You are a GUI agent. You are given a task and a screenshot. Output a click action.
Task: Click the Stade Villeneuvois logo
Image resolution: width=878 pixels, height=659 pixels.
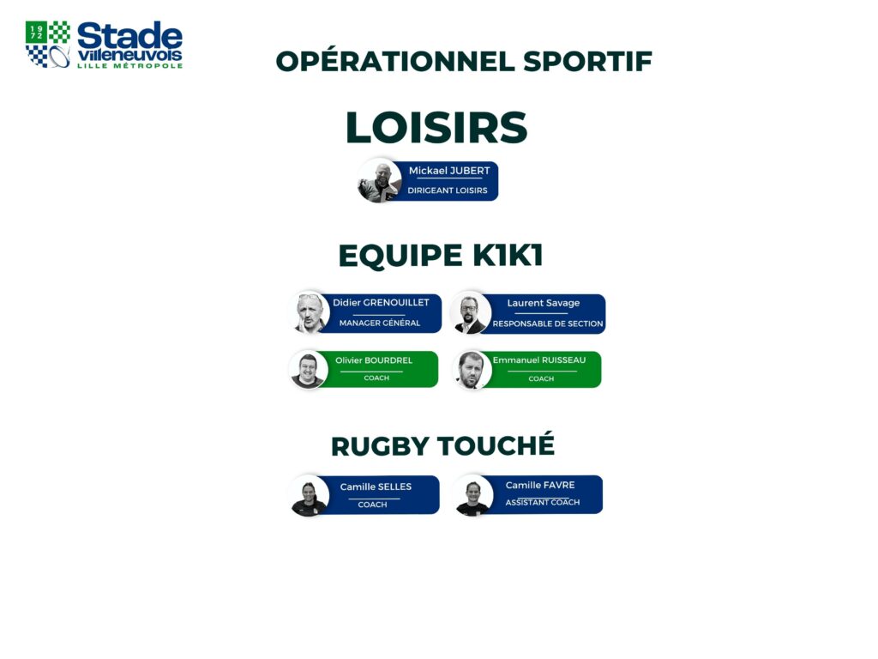[x=104, y=45]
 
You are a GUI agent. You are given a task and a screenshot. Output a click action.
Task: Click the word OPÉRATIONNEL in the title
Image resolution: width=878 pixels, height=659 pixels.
[x=395, y=61]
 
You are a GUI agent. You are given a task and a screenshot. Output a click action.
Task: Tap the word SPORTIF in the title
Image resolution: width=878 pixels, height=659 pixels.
[x=588, y=62]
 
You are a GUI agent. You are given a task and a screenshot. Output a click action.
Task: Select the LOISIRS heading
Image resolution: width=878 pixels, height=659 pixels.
[x=436, y=127]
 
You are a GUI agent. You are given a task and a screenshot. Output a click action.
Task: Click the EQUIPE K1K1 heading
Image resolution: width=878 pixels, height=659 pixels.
[x=441, y=255]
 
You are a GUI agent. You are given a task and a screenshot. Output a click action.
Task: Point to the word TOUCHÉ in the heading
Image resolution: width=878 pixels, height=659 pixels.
[x=496, y=445]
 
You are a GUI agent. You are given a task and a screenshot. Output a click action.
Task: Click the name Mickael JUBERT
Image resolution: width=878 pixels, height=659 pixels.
[x=449, y=171]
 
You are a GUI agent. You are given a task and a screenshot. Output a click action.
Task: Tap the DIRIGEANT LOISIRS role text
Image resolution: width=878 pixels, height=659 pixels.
[x=448, y=190]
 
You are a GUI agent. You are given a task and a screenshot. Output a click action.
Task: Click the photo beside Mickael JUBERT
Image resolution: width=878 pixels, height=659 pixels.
[x=380, y=181]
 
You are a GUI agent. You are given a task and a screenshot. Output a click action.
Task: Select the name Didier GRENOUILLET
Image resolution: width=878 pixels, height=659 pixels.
[x=381, y=303]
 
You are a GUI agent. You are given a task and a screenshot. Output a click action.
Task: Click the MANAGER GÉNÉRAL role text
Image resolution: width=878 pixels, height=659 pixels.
[x=380, y=323]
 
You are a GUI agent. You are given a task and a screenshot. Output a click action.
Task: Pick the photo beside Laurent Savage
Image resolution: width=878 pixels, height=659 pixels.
[x=471, y=312]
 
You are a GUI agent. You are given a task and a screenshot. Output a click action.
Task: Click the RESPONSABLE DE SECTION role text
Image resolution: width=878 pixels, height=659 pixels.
[x=548, y=323]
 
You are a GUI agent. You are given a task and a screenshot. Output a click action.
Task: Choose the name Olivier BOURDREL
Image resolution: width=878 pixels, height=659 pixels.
[x=374, y=360]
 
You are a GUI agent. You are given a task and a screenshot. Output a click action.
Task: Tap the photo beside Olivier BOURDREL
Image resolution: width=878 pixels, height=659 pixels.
[x=308, y=369]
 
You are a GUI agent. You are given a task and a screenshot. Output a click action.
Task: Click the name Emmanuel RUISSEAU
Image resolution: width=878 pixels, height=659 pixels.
[x=539, y=360]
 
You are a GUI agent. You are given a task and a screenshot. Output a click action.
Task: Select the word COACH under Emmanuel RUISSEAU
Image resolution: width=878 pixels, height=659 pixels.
[x=541, y=378]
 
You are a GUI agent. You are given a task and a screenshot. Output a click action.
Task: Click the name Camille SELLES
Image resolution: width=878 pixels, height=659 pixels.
[x=376, y=487]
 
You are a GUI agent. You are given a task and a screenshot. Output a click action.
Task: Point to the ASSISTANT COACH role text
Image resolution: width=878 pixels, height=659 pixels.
[x=543, y=502]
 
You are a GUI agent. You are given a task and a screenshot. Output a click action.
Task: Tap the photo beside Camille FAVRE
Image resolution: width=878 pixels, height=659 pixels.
[x=472, y=495]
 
